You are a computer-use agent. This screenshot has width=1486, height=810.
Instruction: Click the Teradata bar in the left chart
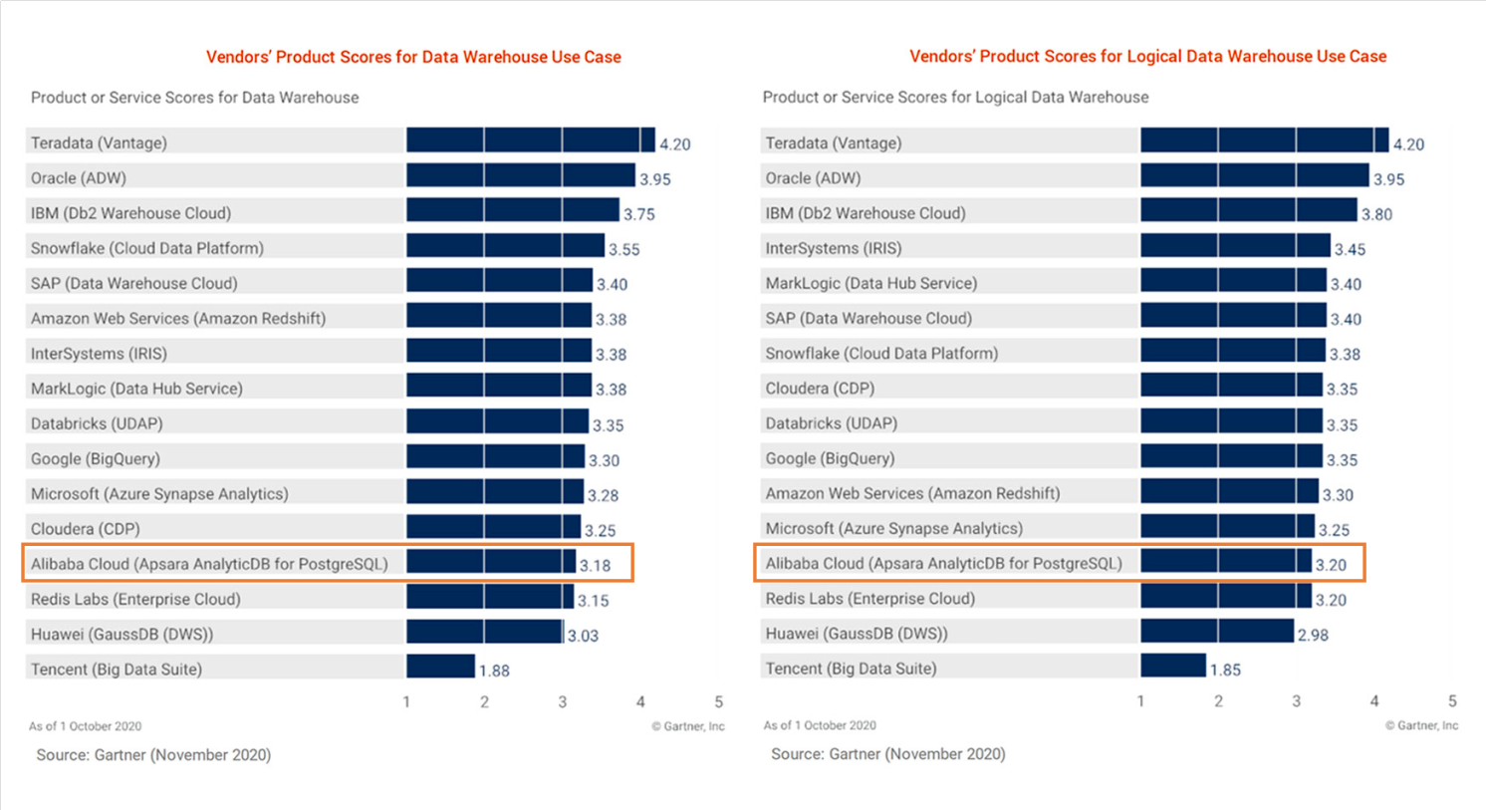point(530,140)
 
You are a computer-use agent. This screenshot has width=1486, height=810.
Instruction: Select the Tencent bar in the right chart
point(1172,667)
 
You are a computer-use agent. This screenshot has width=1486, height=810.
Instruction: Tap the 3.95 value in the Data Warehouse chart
point(654,179)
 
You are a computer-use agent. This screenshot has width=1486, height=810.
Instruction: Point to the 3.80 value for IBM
point(1376,214)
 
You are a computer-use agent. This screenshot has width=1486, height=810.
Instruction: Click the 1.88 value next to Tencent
point(494,671)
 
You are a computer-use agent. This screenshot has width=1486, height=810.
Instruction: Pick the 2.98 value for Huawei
point(1313,635)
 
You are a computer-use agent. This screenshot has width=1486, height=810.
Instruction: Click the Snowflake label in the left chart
point(146,248)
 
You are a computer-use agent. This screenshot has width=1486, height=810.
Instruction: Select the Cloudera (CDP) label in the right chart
point(819,389)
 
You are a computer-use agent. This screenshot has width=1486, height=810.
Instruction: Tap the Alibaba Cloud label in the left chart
point(209,564)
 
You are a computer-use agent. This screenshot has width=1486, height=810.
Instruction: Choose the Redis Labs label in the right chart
point(869,599)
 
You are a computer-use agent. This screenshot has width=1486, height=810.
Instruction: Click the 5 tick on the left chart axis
point(718,702)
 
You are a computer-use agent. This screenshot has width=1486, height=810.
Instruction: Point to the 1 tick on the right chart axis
point(1140,701)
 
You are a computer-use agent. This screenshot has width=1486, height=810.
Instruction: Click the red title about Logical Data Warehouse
point(1147,57)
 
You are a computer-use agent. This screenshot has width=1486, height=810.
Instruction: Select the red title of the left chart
point(413,58)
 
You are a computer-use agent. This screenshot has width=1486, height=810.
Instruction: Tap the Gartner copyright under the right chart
point(1421,725)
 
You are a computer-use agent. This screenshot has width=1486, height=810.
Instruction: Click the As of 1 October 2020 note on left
point(85,726)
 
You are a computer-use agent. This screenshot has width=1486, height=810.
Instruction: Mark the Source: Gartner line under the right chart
point(887,754)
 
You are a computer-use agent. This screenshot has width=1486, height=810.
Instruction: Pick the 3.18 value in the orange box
point(595,566)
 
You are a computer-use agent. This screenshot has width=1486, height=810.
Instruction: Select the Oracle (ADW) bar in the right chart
point(1254,176)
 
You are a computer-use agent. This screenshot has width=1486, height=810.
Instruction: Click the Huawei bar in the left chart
point(484,632)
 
